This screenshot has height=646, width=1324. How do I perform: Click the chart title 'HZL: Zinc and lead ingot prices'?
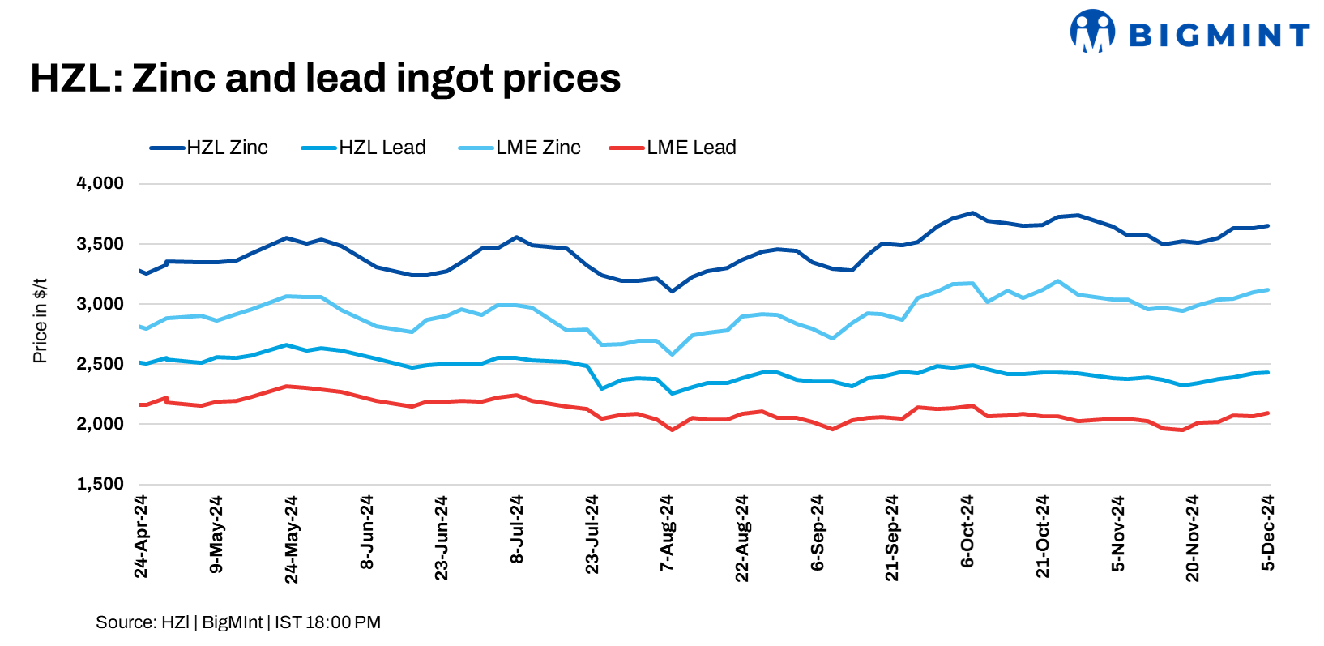click(325, 79)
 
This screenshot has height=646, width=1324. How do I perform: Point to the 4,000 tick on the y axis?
click(100, 184)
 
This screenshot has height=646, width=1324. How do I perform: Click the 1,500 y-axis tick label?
click(100, 484)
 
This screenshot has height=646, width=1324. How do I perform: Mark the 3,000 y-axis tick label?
click(100, 304)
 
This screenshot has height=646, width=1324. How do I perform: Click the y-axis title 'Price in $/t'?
click(40, 321)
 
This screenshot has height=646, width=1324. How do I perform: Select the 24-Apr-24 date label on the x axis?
click(141, 537)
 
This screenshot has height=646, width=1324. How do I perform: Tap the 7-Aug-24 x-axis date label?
click(667, 533)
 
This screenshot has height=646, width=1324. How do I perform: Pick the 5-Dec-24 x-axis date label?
click(1268, 533)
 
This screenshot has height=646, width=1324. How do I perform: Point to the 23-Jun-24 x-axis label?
click(442, 538)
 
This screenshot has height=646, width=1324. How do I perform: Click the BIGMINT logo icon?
click(1092, 32)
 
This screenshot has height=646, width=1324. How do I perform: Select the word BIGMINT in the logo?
click(1219, 35)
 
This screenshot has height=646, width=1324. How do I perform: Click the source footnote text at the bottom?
click(238, 622)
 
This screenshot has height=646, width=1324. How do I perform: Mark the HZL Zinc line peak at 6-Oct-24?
click(972, 213)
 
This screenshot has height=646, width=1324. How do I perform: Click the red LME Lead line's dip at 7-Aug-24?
click(672, 430)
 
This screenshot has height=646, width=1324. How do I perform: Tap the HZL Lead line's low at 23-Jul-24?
click(602, 388)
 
